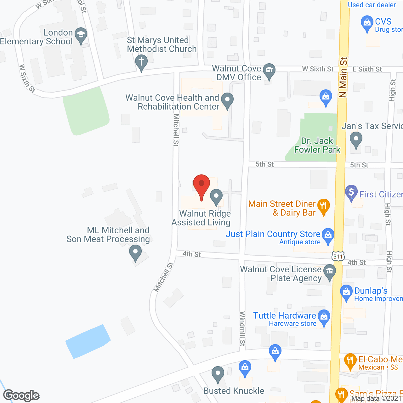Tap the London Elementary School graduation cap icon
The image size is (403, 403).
pos(81,35)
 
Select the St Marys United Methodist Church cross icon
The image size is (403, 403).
pos(141,61)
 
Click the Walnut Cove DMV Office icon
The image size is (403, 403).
pos(269,71)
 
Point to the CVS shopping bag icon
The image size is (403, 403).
pos(367,23)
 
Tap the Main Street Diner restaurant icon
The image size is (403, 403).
pos(323,206)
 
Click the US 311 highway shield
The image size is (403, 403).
pos(338,256)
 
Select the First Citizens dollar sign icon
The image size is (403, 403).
pos(351,192)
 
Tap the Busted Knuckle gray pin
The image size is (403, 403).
pos(218,374)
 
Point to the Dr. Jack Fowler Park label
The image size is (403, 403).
pos(317,145)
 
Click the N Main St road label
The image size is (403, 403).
pos(343,77)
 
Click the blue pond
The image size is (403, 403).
pos(87,341)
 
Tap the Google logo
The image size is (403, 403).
pos(21,395)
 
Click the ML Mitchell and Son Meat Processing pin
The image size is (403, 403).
pos(135,253)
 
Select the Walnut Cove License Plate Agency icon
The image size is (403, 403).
pos(330,272)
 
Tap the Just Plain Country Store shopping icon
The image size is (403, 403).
pos(328,235)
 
